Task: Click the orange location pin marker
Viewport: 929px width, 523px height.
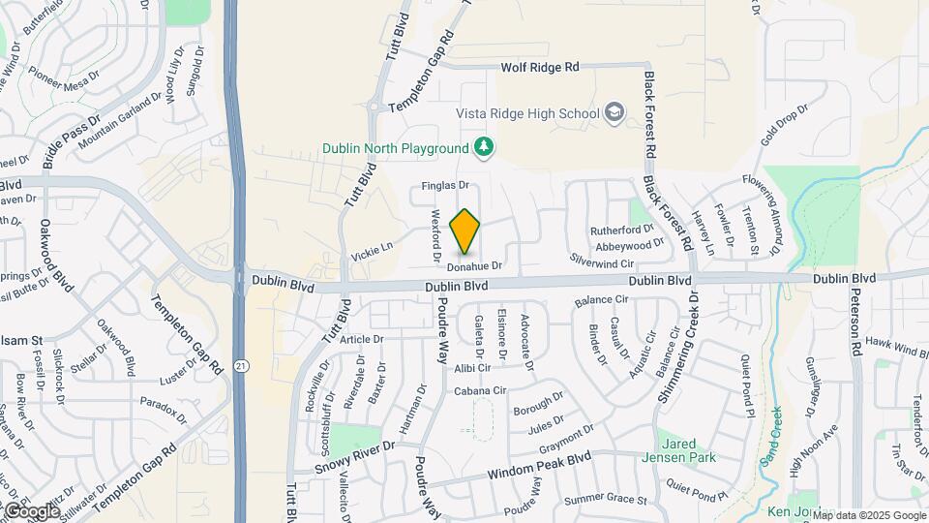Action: [465, 231]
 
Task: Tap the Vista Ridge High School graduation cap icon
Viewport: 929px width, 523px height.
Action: [614, 113]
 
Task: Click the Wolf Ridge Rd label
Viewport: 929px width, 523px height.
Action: [539, 68]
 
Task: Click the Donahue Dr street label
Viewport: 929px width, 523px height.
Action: [474, 265]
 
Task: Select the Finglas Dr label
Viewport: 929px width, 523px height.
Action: [444, 185]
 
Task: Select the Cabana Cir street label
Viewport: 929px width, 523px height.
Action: [481, 390]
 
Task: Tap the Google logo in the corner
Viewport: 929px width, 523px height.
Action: [33, 510]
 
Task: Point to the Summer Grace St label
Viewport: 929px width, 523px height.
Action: [605, 500]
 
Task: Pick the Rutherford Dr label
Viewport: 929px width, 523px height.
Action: [622, 230]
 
